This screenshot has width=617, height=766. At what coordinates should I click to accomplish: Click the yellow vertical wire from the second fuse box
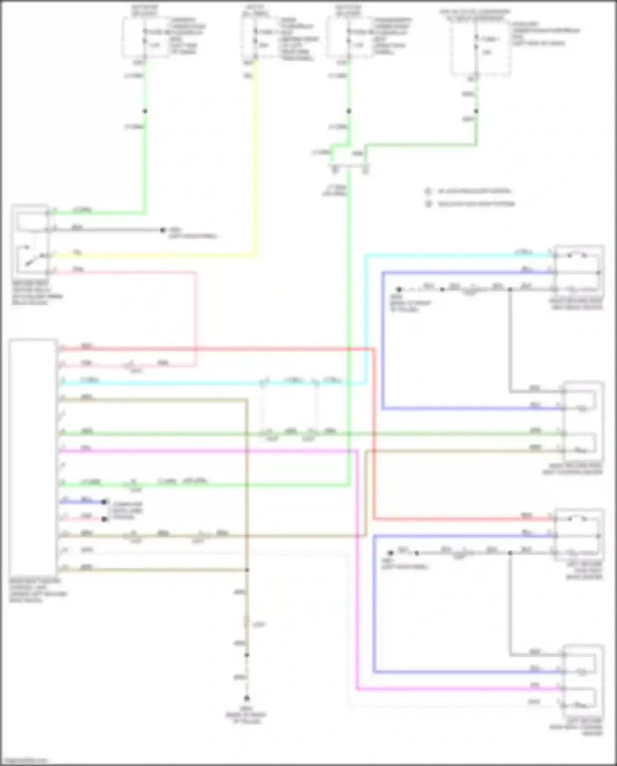point(256,156)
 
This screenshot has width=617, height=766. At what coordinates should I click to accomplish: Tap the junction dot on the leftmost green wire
point(145,111)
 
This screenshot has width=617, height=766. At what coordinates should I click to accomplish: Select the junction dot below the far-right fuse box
point(476,111)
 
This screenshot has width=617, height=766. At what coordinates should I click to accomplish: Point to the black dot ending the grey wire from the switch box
point(163,230)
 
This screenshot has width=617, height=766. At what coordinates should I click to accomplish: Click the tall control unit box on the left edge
point(33,457)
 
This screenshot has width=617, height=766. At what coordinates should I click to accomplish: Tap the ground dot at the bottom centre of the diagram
point(247,698)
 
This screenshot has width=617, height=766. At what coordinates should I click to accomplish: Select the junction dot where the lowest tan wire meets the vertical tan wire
point(247,570)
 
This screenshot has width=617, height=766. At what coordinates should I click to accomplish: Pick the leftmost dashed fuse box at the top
point(145,37)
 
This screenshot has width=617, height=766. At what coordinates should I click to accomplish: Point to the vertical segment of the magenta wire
point(357,568)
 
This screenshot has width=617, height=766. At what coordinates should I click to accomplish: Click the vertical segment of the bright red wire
point(374,432)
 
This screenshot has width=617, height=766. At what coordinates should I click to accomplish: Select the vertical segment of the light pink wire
point(195,317)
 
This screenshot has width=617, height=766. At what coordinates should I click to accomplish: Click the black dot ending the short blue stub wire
point(104,502)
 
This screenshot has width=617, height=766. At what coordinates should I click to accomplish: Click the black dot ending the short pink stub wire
point(104,519)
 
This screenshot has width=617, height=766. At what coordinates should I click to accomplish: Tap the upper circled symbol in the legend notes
point(428,191)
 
